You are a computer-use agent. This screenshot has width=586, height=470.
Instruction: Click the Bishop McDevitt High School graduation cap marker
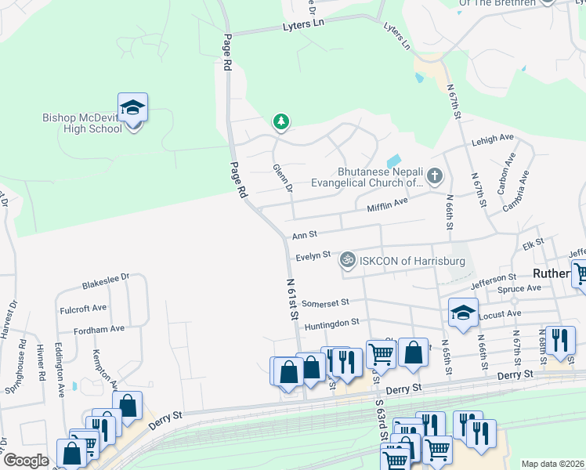[x=133, y=107]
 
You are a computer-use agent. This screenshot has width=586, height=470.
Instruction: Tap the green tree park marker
[x=280, y=121]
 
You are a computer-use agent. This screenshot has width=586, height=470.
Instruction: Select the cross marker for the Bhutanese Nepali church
[x=436, y=176]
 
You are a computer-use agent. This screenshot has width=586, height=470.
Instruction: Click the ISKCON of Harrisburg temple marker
[x=346, y=258]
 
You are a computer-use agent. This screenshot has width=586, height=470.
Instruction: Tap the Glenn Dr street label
[x=283, y=179]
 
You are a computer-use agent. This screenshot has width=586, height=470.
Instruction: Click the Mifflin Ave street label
[x=388, y=204]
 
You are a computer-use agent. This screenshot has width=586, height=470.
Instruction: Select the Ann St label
[x=304, y=235]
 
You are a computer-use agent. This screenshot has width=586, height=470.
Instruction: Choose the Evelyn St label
[x=313, y=257]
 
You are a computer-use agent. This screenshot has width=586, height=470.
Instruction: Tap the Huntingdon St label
[x=331, y=322]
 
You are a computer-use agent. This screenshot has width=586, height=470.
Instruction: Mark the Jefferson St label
[x=494, y=279]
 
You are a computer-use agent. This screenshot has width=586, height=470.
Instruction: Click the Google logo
[x=26, y=461]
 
